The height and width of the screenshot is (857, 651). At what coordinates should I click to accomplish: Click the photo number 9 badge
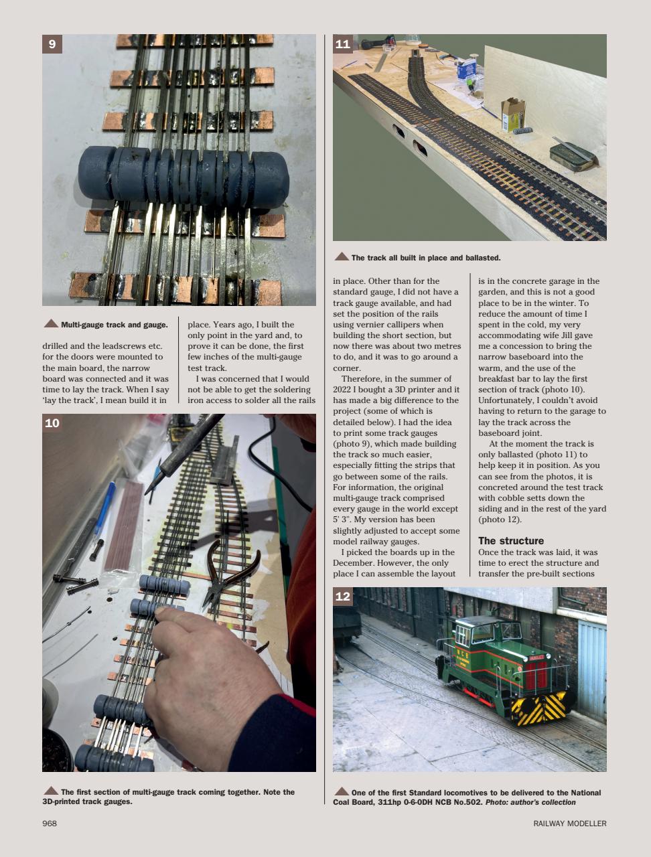52,44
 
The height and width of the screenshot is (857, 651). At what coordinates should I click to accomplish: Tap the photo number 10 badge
52,423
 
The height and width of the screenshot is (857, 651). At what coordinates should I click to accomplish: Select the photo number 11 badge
342,44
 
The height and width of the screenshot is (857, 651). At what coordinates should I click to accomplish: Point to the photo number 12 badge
342,597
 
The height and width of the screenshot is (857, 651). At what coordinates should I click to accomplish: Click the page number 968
50,824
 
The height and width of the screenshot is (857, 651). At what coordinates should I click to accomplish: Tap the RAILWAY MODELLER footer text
569,824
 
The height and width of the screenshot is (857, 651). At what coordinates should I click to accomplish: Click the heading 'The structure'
510,540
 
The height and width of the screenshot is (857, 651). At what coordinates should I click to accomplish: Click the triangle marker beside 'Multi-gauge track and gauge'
51,324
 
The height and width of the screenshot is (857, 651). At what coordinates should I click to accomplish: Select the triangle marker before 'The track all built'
342,257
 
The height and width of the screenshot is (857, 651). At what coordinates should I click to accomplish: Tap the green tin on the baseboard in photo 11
571,153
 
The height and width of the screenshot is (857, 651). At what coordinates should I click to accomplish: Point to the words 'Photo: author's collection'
530,802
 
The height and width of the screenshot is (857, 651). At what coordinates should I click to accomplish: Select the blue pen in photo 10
104,509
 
